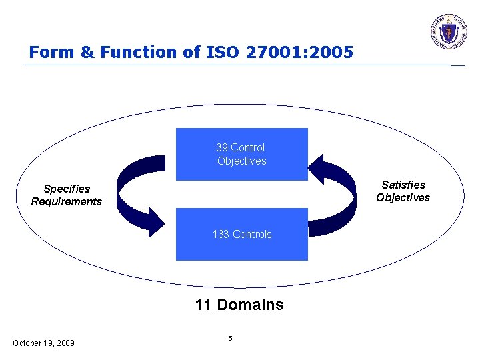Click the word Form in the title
pyautogui.click(x=49, y=52)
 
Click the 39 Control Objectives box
pyautogui.click(x=241, y=154)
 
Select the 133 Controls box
pyautogui.click(x=241, y=234)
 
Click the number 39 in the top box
pyautogui.click(x=222, y=147)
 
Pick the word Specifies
pyautogui.click(x=67, y=189)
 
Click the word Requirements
pyautogui.click(x=67, y=201)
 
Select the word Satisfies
pyautogui.click(x=403, y=185)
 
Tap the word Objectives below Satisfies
pyautogui.click(x=403, y=197)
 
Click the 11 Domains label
pyautogui.click(x=239, y=305)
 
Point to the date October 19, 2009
pyautogui.click(x=43, y=343)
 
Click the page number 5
pyautogui.click(x=230, y=339)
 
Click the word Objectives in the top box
pyautogui.click(x=241, y=161)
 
